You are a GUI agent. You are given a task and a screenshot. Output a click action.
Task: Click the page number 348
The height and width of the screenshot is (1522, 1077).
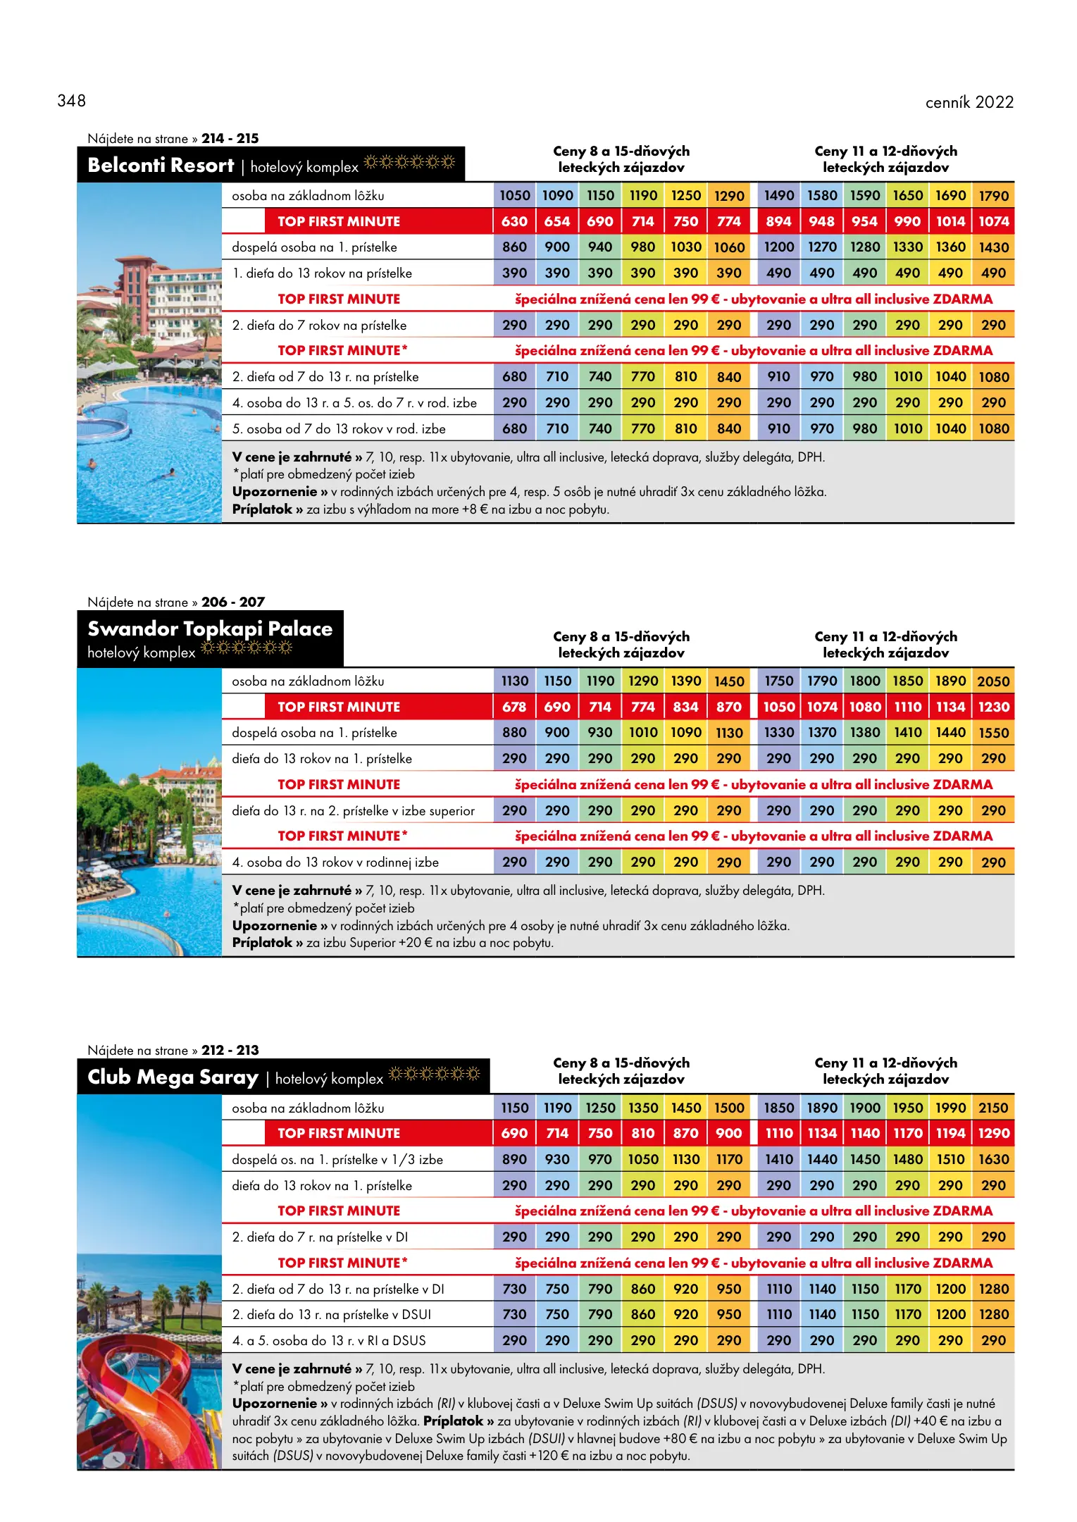pyautogui.click(x=71, y=101)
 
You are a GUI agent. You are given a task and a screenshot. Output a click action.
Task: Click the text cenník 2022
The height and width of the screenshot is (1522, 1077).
pyautogui.click(x=969, y=102)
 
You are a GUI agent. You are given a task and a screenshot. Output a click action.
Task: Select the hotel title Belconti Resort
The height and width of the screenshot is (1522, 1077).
pyautogui.click(x=161, y=166)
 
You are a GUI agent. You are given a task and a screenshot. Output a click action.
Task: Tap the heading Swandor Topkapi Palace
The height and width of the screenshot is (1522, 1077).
pyautogui.click(x=210, y=629)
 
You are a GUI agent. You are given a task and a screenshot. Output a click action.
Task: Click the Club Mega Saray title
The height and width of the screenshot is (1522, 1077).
pyautogui.click(x=173, y=1077)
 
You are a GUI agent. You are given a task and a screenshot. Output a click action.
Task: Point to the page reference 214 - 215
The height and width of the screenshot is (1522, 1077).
pyautogui.click(x=230, y=138)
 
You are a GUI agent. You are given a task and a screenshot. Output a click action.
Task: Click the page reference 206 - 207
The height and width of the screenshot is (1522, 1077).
pyautogui.click(x=232, y=602)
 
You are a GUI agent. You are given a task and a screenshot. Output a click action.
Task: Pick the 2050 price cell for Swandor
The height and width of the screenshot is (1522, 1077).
pyautogui.click(x=992, y=681)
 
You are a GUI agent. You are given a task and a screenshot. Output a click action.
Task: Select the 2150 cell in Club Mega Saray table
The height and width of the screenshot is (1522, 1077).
pyautogui.click(x=992, y=1108)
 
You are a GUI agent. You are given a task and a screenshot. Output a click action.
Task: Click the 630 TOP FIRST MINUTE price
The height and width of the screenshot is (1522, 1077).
pyautogui.click(x=514, y=221)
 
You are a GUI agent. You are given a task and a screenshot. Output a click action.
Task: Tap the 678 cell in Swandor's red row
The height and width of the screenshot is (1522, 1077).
pyautogui.click(x=514, y=707)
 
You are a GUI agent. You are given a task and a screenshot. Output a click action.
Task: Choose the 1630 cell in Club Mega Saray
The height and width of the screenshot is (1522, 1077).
pyautogui.click(x=992, y=1159)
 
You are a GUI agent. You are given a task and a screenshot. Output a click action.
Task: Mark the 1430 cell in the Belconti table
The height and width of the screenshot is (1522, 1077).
pyautogui.click(x=992, y=247)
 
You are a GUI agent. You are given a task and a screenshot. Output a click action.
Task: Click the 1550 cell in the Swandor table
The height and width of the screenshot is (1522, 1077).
pyautogui.click(x=992, y=733)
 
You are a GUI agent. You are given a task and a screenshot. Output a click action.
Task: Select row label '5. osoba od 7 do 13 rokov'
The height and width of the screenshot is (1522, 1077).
pyautogui.click(x=339, y=428)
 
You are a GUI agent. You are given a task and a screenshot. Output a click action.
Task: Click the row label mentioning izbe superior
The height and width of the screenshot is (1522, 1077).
pyautogui.click(x=353, y=810)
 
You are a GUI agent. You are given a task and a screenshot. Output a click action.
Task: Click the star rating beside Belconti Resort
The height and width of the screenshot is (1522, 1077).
pyautogui.click(x=409, y=163)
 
